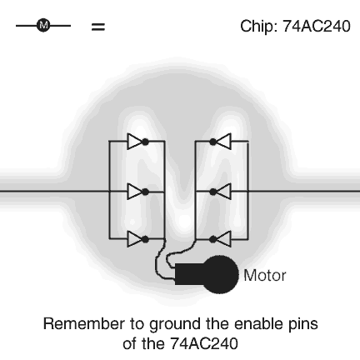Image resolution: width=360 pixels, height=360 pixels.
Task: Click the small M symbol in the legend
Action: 43,26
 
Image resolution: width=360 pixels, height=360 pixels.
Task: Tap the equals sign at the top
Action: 98,27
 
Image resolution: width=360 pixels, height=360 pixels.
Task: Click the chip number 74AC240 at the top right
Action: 317,27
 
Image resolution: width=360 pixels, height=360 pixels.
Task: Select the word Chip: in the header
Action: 259,27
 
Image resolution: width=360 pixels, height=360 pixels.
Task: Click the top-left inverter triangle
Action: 134,142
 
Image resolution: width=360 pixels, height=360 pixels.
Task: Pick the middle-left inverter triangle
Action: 134,192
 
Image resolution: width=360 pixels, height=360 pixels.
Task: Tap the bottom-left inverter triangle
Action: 134,239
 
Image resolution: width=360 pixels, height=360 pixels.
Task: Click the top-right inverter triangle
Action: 223,142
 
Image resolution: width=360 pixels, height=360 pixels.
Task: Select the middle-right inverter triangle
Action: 223,192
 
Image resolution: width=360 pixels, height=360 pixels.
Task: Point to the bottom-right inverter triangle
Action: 223,239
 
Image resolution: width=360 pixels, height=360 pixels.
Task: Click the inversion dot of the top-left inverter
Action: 145,142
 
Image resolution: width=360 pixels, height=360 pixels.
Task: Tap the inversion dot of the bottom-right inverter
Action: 213,239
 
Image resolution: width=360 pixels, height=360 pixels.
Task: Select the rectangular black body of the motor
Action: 189,274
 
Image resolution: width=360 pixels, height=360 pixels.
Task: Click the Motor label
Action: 265,276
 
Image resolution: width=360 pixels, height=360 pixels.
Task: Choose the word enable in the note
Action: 256,324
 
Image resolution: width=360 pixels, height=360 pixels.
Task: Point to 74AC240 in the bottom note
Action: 204,343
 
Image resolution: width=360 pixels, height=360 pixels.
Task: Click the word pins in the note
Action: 303,325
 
